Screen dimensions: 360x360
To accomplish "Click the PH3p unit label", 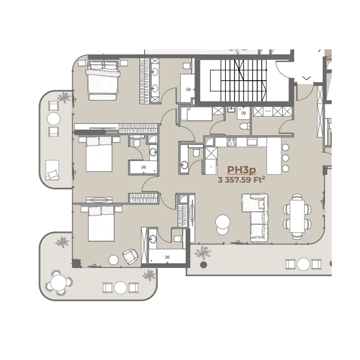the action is click(x=241, y=170).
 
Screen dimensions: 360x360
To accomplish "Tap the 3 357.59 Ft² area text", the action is click(x=241, y=179).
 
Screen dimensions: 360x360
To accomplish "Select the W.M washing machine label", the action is click(x=268, y=112).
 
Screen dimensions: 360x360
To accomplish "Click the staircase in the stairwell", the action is click(x=239, y=80).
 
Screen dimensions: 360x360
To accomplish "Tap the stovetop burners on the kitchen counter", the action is click(x=231, y=142).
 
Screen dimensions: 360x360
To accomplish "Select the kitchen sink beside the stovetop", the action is click(x=252, y=142).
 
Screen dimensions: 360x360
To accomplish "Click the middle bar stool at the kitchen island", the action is click(x=285, y=158).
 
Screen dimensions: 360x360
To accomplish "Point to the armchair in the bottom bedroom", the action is click(x=130, y=256).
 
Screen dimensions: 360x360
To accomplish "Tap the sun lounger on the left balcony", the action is click(x=52, y=170).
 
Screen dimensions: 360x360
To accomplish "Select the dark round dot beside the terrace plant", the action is click(x=204, y=265).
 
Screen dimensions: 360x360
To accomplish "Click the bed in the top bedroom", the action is click(x=103, y=80).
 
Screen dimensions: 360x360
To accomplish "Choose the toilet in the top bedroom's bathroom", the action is click(x=187, y=66).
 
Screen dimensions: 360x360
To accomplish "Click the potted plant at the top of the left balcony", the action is click(x=64, y=97).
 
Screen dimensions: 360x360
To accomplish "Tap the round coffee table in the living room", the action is click(x=223, y=225).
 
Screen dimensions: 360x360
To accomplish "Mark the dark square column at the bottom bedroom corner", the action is click(x=77, y=263).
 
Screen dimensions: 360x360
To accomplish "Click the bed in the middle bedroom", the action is click(x=99, y=154).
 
